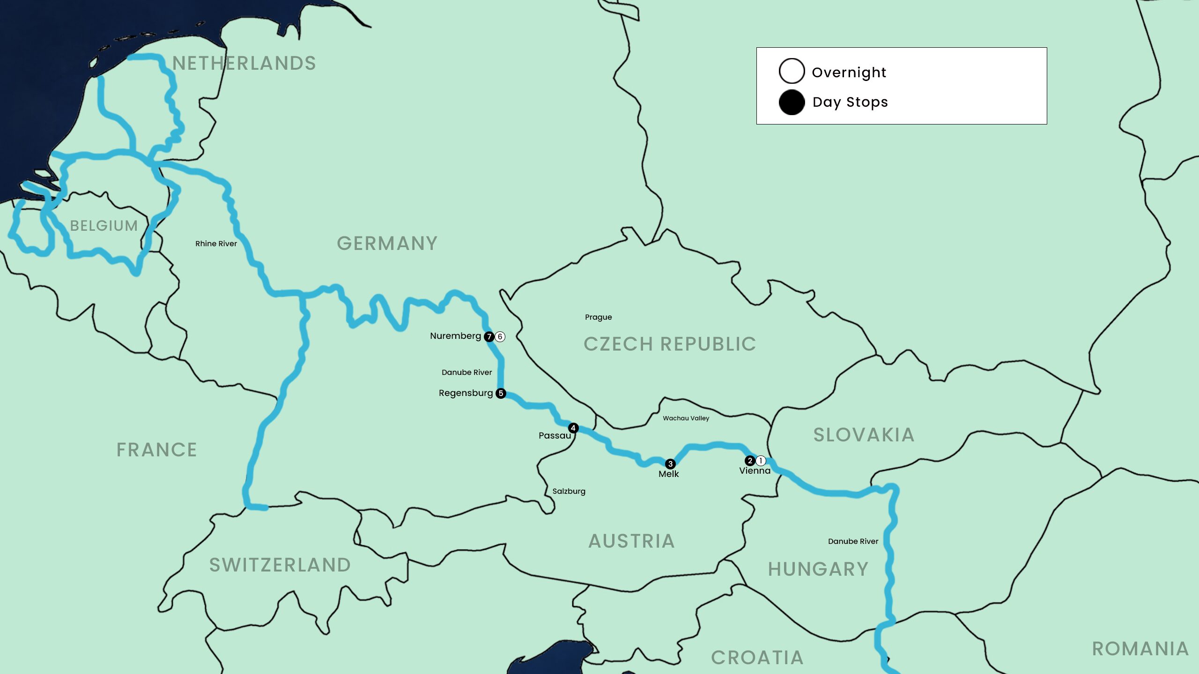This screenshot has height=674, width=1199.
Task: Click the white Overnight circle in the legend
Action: [x=792, y=71]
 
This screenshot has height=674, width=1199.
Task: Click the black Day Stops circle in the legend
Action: [x=792, y=102]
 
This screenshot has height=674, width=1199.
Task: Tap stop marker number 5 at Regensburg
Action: [x=501, y=393]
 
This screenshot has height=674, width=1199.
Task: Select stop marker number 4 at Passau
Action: [x=573, y=428]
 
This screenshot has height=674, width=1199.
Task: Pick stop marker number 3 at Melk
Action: [x=670, y=464]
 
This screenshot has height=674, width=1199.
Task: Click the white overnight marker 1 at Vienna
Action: [x=761, y=461]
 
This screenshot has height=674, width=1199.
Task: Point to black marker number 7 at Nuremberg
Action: [x=489, y=337]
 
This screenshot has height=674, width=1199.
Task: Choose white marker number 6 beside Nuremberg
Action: [x=500, y=337]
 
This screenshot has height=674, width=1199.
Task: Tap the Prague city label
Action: [x=598, y=317]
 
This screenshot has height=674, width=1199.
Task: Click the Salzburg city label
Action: [x=569, y=491]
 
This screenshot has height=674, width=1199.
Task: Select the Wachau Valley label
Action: [x=686, y=418]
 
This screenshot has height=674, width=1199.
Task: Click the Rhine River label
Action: [x=216, y=243]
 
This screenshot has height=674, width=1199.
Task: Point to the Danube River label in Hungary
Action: [x=853, y=541]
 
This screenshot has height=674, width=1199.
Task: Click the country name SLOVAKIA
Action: [x=864, y=435]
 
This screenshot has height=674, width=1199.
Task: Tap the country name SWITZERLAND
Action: [x=280, y=565]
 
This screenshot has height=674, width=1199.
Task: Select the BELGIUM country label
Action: [x=104, y=226]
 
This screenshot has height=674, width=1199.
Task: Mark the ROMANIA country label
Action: [x=1140, y=649]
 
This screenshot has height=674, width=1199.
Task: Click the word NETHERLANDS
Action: [x=244, y=63]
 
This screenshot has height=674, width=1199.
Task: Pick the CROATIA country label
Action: [x=757, y=658]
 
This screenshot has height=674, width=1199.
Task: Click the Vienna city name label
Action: [x=755, y=471]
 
